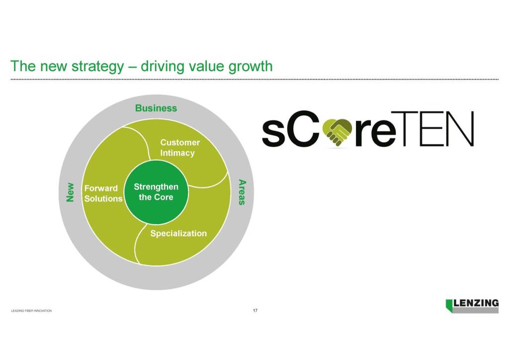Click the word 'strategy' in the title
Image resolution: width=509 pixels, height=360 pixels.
(98, 67)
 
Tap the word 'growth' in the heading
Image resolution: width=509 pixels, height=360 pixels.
(251, 67)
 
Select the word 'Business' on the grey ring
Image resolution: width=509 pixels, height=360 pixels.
(156, 108)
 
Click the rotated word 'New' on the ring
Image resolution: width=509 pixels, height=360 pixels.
(70, 192)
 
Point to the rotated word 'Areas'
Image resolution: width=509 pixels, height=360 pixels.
(242, 192)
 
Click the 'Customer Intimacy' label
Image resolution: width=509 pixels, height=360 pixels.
(180, 148)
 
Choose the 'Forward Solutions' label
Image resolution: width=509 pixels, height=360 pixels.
(103, 193)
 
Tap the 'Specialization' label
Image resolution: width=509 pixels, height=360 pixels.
(178, 233)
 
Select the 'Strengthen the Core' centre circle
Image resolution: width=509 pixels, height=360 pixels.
(156, 192)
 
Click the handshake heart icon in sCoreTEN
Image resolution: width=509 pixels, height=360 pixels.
(337, 132)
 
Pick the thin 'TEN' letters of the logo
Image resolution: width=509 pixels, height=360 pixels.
(432, 129)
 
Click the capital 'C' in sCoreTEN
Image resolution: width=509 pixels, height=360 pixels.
(304, 128)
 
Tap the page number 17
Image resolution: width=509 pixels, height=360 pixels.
(255, 311)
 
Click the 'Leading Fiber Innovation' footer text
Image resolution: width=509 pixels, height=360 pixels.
(31, 311)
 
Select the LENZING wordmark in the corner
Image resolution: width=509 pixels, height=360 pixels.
(476, 303)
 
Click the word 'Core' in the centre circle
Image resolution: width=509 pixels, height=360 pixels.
(164, 197)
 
